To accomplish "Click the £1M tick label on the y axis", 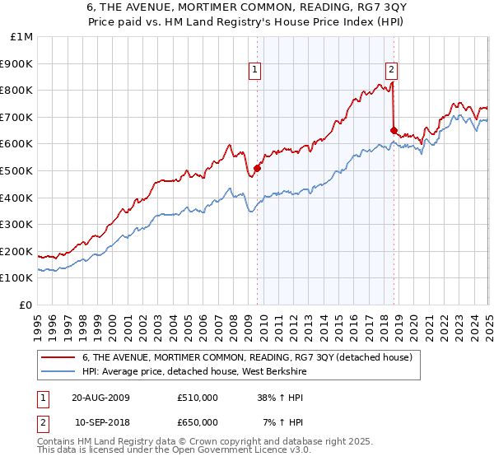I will coord(21,37).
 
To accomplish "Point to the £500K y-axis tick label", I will coord(17,171).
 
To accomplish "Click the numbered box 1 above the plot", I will coord(256,71).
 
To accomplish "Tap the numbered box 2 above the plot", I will coord(391,71).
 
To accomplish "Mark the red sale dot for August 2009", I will coord(257,168).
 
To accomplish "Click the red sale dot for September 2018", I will coord(394,130).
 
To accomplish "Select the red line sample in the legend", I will coord(59,356).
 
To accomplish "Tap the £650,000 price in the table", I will coord(198,422).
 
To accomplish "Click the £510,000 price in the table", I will coord(198,397).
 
